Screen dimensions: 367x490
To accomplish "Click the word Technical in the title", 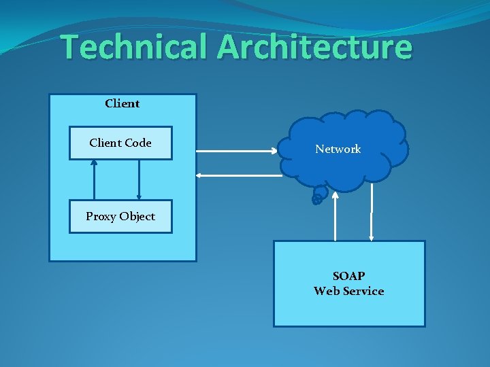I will tap(135, 47).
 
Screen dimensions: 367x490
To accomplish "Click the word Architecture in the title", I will tap(315, 47).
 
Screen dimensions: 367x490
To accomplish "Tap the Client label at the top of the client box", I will tap(122, 103).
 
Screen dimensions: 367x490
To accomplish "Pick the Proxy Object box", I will tap(120, 216).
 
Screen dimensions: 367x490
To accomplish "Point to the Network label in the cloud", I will tap(338, 149).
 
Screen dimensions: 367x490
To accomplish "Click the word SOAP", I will tap(348, 276).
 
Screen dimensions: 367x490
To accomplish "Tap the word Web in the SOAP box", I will tap(327, 291).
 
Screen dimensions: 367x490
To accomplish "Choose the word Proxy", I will tap(101, 216).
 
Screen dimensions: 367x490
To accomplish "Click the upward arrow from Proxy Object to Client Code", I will tap(94, 180).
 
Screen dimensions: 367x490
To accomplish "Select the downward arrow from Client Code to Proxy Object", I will tap(139, 180).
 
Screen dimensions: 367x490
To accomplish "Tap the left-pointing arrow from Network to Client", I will tap(238, 176).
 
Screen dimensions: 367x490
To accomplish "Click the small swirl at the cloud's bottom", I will tap(317, 198).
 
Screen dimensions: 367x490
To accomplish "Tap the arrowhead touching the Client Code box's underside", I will tap(94, 162).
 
